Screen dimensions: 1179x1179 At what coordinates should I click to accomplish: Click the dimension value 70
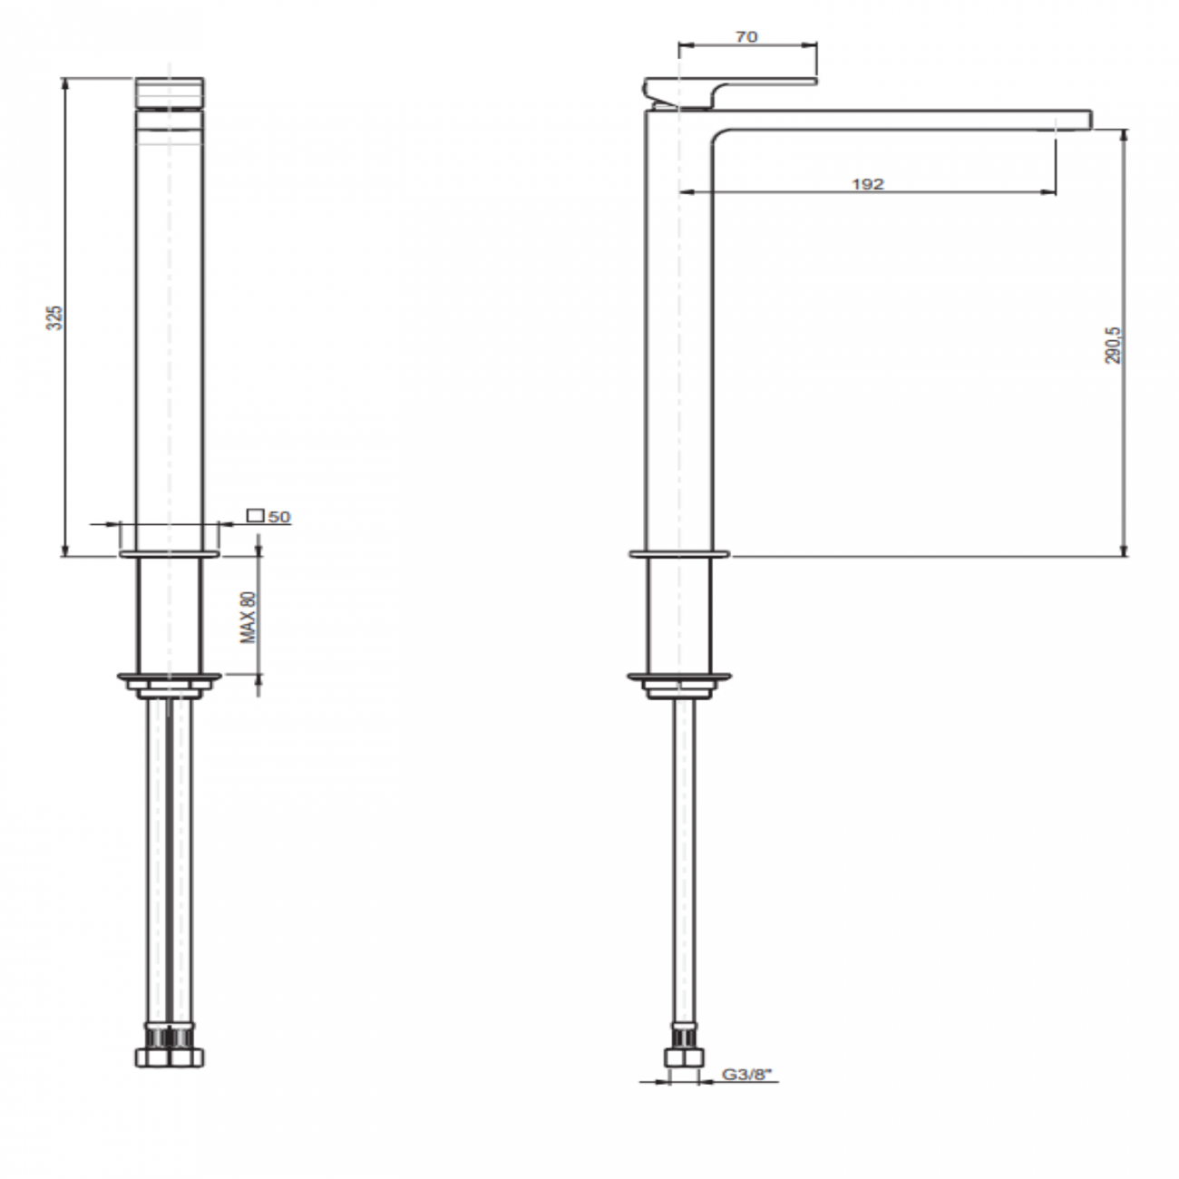[x=746, y=37]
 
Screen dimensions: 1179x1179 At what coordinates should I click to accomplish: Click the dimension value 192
[x=867, y=184]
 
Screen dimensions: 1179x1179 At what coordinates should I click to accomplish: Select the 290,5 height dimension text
[x=1114, y=346]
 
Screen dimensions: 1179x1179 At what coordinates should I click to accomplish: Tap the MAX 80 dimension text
[x=248, y=618]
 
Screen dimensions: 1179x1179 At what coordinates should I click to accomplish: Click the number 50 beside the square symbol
[x=279, y=517]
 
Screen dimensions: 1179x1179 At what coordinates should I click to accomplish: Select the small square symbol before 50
[x=256, y=516]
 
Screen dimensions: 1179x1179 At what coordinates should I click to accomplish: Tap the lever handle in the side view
[x=726, y=88]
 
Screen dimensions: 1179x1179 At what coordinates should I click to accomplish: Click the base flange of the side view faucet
[x=678, y=552]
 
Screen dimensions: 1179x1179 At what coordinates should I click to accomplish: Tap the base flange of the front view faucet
[x=170, y=552]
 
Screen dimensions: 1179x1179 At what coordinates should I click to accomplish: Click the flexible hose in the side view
[x=683, y=862]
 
